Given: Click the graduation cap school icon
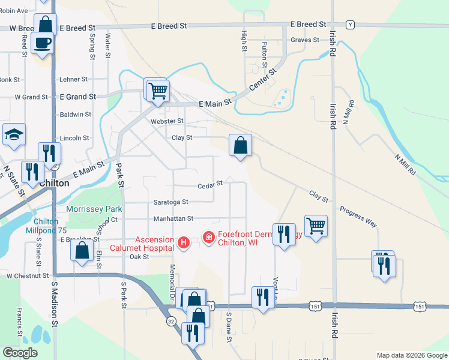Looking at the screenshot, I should (x=14, y=136).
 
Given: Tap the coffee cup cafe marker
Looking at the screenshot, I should (x=43, y=43).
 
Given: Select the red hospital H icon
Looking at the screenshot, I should (x=184, y=242).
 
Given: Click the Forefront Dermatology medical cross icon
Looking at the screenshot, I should (x=209, y=238).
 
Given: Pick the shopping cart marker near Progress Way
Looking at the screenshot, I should (x=316, y=226).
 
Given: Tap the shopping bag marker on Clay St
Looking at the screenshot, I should (x=240, y=145).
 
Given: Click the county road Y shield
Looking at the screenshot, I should (x=351, y=25).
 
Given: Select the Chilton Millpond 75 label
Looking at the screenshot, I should (x=47, y=225).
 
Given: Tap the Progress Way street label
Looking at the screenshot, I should (x=358, y=217).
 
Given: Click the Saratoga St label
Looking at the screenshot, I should (x=170, y=202).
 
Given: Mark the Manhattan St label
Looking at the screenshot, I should (x=173, y=219).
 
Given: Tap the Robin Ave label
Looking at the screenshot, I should (x=14, y=11).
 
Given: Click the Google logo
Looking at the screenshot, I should (x=20, y=353).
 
